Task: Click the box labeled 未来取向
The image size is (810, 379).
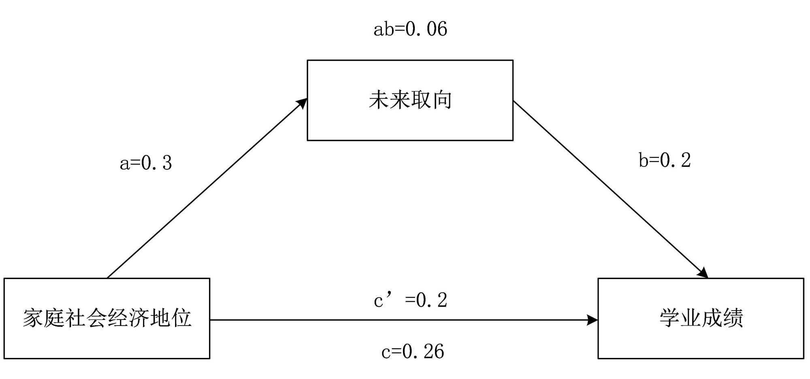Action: click(x=410, y=100)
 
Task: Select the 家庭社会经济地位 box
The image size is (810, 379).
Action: click(x=107, y=318)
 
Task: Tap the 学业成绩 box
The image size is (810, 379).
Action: click(x=701, y=318)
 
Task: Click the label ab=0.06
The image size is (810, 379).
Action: click(x=410, y=29)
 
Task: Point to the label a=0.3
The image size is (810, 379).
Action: click(x=146, y=163)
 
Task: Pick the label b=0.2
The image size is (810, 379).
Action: click(x=665, y=160)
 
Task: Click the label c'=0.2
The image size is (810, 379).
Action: click(x=410, y=300)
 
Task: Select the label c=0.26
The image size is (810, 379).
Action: click(x=412, y=351)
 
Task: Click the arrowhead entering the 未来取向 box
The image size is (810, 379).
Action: click(x=302, y=103)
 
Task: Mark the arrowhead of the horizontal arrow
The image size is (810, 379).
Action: click(x=593, y=320)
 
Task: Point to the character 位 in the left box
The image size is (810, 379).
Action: click(x=181, y=318)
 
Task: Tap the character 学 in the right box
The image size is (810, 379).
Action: click(x=670, y=318)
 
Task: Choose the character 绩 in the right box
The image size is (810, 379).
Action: click(x=733, y=318)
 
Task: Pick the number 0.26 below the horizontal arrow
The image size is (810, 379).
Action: click(x=423, y=351)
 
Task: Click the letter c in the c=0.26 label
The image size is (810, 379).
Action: click(x=386, y=352)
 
